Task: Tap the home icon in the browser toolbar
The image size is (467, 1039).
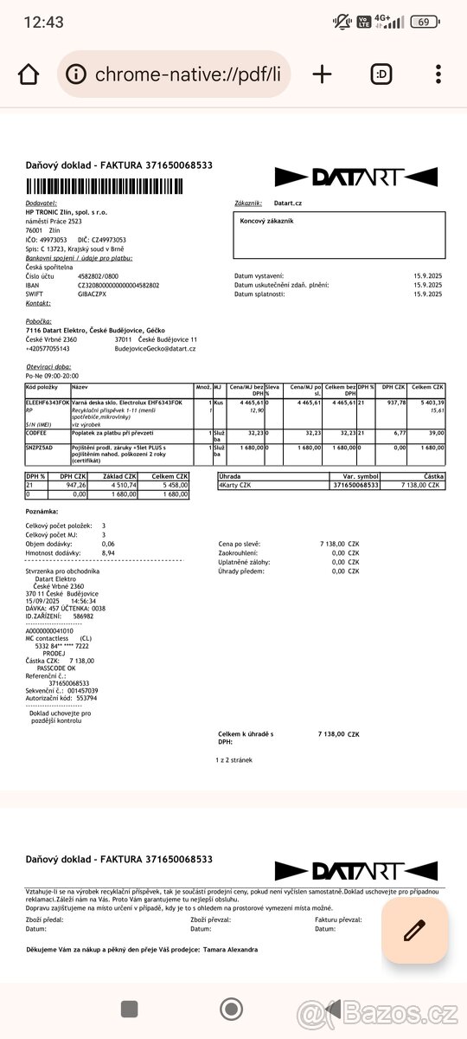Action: (28, 74)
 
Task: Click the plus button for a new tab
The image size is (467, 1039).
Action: (322, 74)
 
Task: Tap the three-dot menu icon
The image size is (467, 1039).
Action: (439, 74)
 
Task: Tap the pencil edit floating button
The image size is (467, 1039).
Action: (414, 930)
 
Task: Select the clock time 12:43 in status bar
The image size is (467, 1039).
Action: (45, 22)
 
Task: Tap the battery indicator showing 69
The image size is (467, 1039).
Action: (423, 22)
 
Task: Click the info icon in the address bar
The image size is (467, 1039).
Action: (77, 74)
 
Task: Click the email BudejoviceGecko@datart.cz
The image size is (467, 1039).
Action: (155, 348)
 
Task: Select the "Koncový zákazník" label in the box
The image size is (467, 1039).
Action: (266, 222)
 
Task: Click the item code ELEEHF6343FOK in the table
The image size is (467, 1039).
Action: (48, 403)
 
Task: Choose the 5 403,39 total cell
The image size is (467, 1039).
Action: (428, 403)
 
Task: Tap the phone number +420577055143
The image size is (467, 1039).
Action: (48, 348)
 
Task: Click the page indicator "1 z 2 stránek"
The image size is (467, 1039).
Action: (233, 759)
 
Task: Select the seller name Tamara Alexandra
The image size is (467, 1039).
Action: (230, 949)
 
